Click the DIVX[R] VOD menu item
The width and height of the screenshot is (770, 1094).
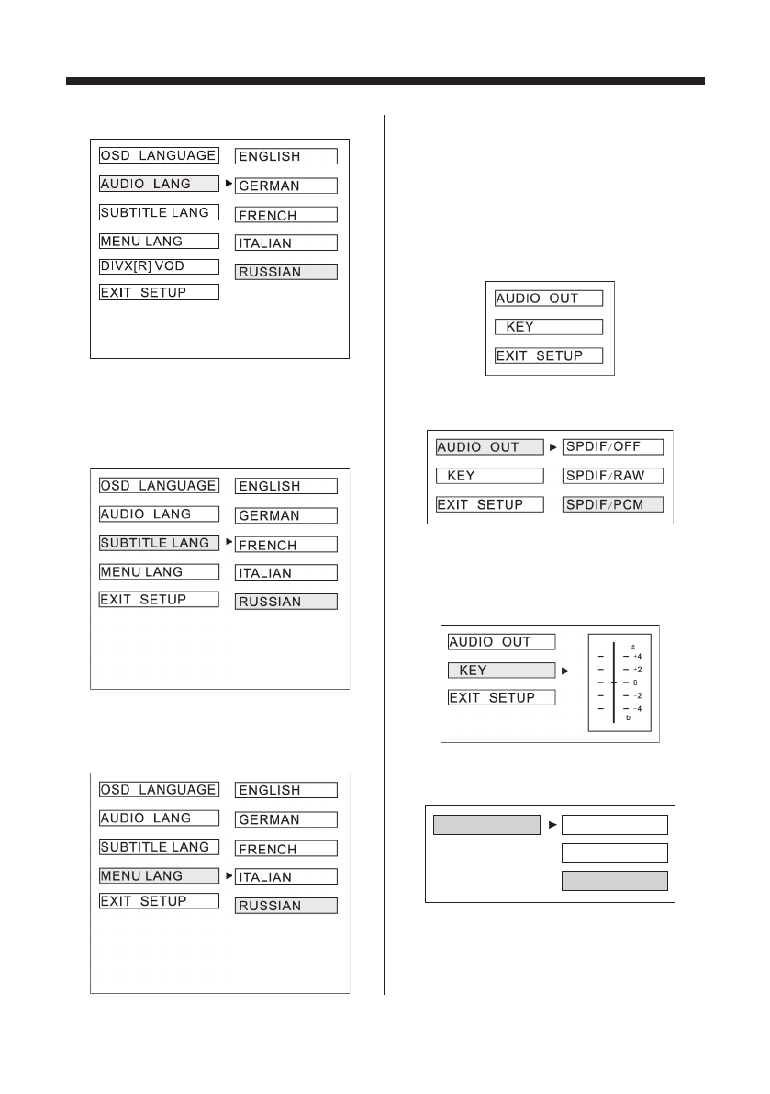pos(159,266)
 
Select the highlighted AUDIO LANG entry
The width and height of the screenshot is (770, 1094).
pos(159,184)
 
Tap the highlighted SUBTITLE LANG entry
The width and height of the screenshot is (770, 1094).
pos(159,543)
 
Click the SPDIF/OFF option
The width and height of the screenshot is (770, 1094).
pos(612,447)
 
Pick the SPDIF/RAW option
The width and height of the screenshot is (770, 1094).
pos(612,476)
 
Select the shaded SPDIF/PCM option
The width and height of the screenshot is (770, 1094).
pos(612,505)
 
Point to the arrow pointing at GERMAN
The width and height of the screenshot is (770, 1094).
pos(229,184)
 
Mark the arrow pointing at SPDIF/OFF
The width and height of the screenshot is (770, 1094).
pos(553,447)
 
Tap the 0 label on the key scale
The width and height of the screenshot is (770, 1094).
pos(635,682)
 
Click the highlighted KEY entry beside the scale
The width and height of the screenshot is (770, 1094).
pos(501,671)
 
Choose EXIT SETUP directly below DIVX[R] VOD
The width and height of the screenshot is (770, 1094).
pos(159,293)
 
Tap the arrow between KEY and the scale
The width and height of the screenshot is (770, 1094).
pos(564,671)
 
